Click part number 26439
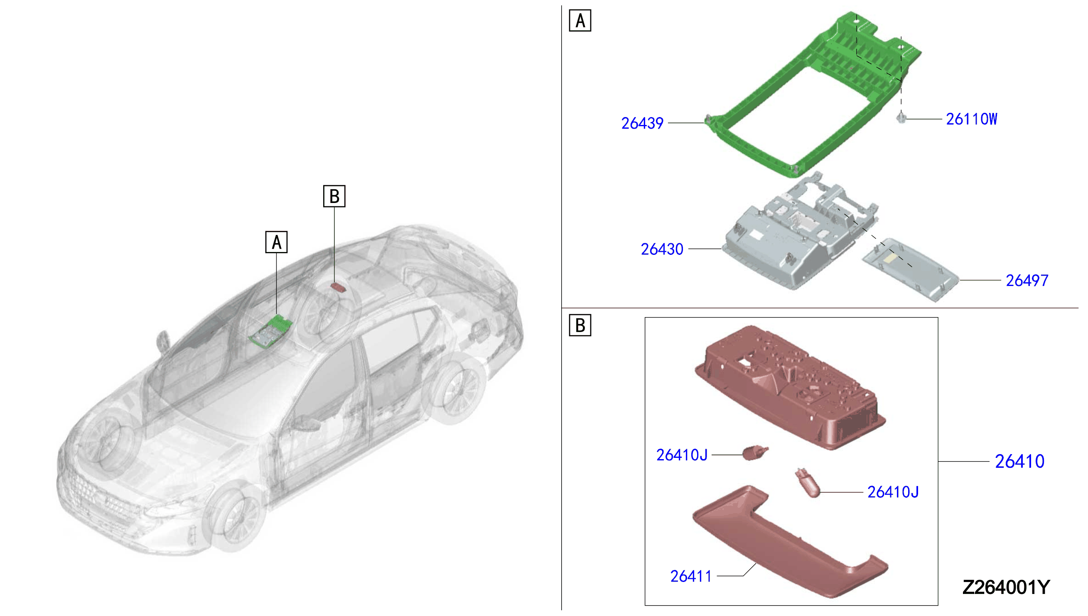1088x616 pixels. click(x=642, y=123)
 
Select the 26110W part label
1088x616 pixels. click(x=971, y=119)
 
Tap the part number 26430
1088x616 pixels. click(x=662, y=249)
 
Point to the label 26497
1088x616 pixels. click(x=1027, y=281)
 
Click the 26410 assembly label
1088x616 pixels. click(x=1019, y=461)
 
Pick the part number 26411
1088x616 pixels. click(x=690, y=576)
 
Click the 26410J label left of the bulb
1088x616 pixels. click(x=682, y=455)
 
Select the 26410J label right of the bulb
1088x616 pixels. click(x=893, y=492)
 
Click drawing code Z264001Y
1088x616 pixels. click(x=1006, y=587)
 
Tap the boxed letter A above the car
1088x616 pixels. click(x=276, y=242)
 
